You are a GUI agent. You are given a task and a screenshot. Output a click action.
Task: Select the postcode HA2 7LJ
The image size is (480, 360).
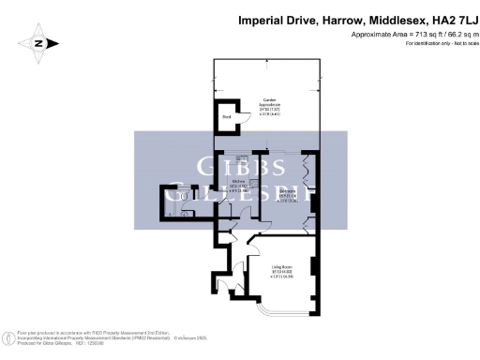446,18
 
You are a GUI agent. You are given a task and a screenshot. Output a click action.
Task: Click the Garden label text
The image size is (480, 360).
267,103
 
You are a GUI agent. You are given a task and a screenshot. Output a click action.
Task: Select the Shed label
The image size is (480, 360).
226,117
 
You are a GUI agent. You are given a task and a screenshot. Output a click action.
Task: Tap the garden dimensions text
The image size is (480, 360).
267,112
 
